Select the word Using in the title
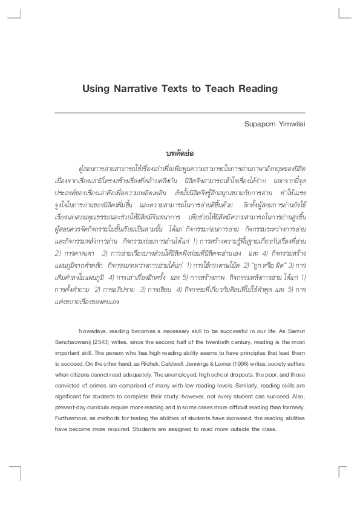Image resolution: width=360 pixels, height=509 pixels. coord(96,88)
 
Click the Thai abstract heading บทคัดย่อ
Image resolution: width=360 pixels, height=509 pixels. coord(180,154)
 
